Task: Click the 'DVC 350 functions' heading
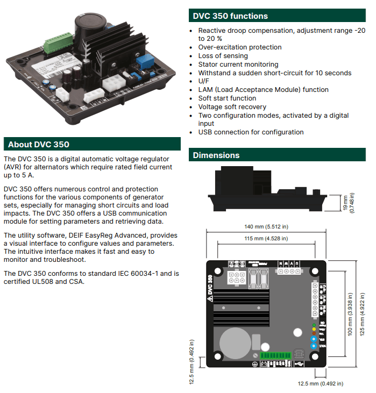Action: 230,16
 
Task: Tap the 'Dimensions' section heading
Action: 216,155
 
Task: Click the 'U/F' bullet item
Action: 204,81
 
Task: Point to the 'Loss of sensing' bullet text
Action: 223,56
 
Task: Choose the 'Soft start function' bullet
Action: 227,98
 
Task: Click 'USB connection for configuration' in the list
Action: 251,132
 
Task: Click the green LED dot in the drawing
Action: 314,325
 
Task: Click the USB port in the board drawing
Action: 299,355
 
